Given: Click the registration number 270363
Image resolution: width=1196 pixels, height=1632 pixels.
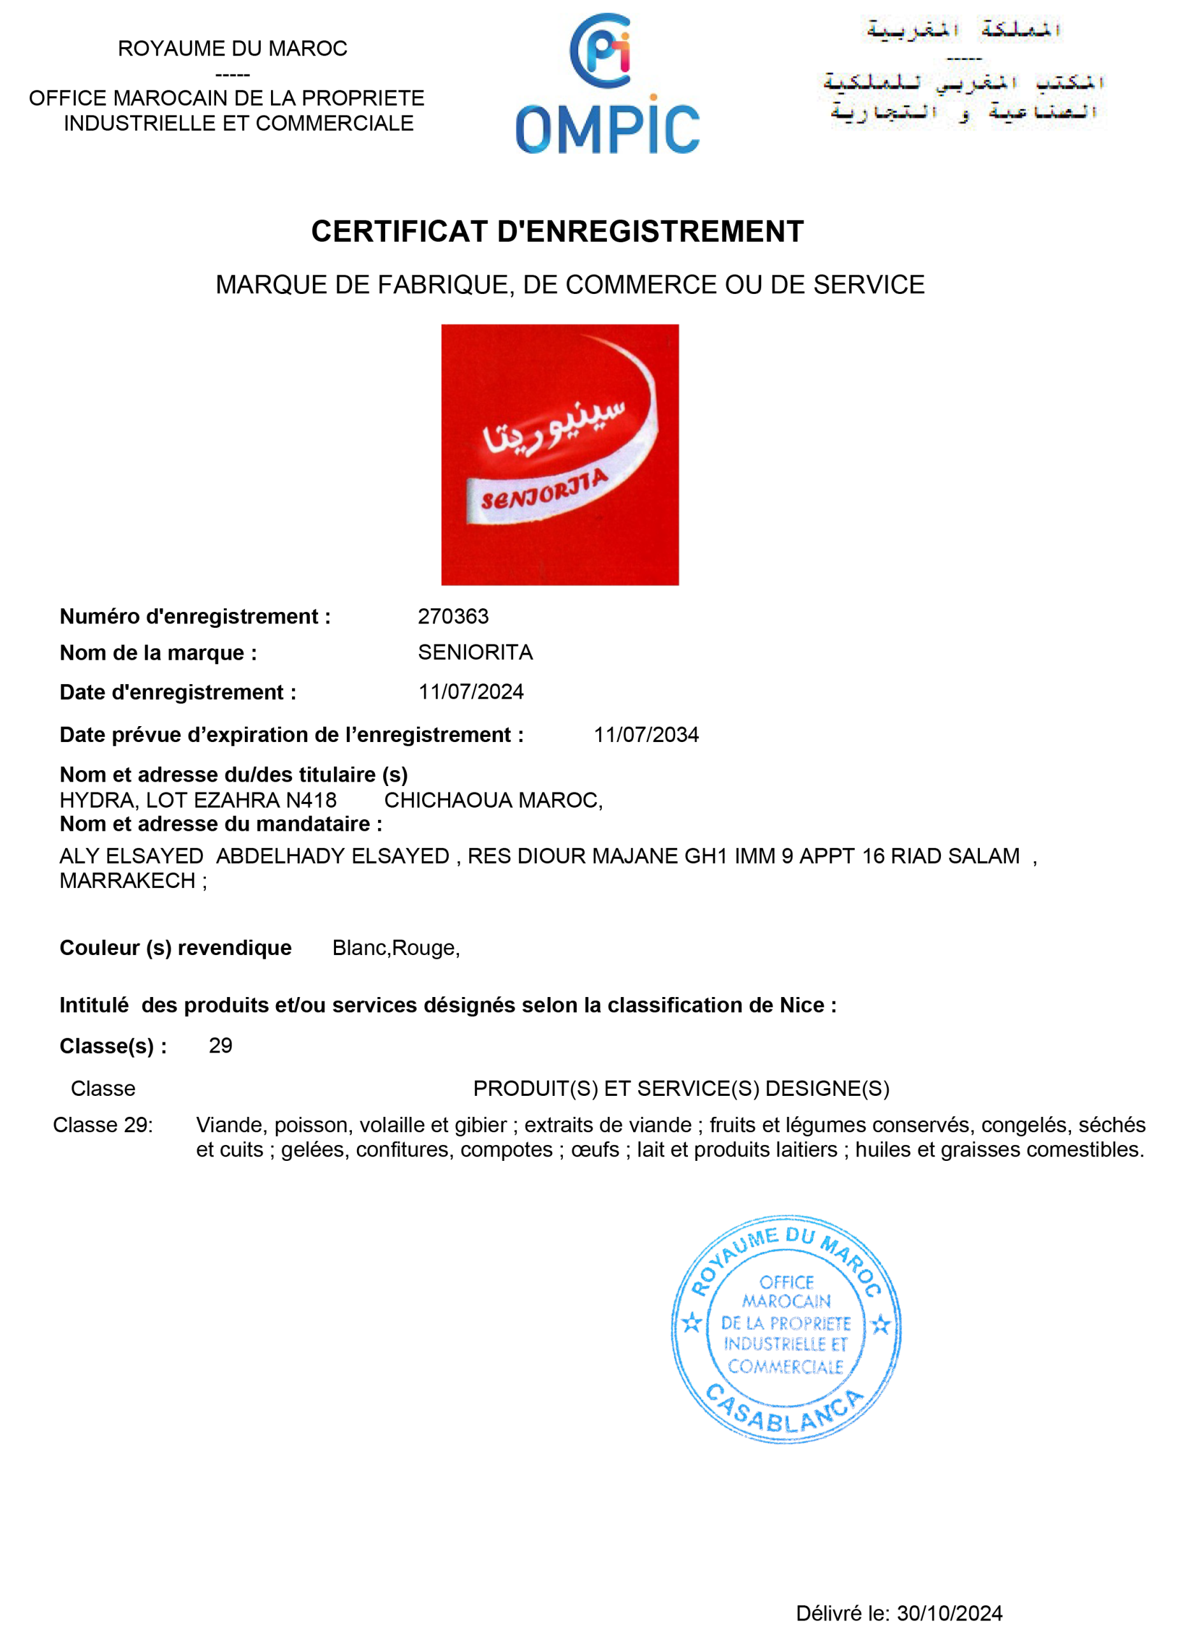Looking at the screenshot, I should (453, 616).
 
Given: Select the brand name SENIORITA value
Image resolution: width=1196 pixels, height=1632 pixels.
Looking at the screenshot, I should (475, 652).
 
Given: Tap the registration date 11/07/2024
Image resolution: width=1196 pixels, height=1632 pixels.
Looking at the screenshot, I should (470, 692).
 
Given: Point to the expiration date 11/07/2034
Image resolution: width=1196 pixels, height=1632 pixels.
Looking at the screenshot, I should (646, 734).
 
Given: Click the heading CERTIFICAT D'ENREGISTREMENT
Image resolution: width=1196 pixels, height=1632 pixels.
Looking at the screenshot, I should (557, 231).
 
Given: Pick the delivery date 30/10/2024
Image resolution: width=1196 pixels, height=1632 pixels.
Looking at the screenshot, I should (949, 1613).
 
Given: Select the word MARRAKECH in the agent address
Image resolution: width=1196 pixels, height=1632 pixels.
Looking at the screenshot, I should (128, 881).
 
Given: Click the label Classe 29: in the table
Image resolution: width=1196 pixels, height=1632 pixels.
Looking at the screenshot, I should (103, 1125).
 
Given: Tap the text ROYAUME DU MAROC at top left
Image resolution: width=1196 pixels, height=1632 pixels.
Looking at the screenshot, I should (233, 48).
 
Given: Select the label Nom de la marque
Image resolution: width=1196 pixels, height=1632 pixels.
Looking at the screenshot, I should (158, 653).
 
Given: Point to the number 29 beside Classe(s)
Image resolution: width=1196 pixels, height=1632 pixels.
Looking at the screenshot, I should (220, 1045).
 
